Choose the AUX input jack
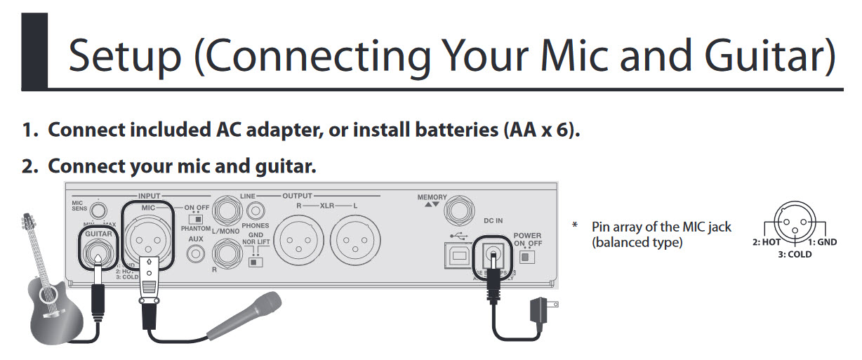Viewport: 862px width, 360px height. (x=195, y=254)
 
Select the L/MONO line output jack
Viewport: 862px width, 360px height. (x=230, y=210)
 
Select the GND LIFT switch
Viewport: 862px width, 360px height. (x=256, y=261)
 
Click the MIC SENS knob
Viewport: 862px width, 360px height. (x=100, y=209)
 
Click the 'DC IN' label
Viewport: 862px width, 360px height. (x=493, y=220)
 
